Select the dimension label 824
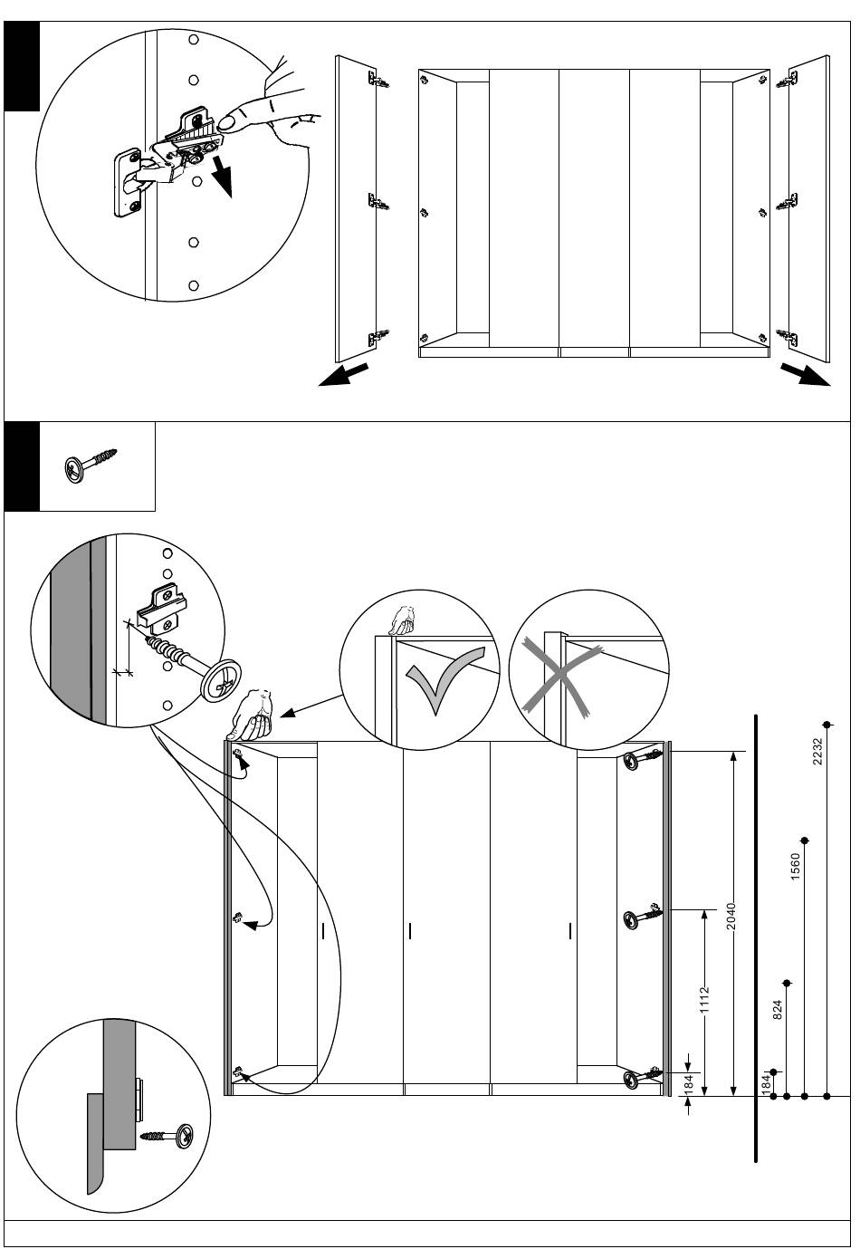coord(778,1010)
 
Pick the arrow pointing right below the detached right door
coord(805,374)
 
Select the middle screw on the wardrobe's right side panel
coord(643,918)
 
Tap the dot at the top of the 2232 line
coord(827,725)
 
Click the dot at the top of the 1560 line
coord(805,841)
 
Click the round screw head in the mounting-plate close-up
coord(221,681)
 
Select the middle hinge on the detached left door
coord(378,203)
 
